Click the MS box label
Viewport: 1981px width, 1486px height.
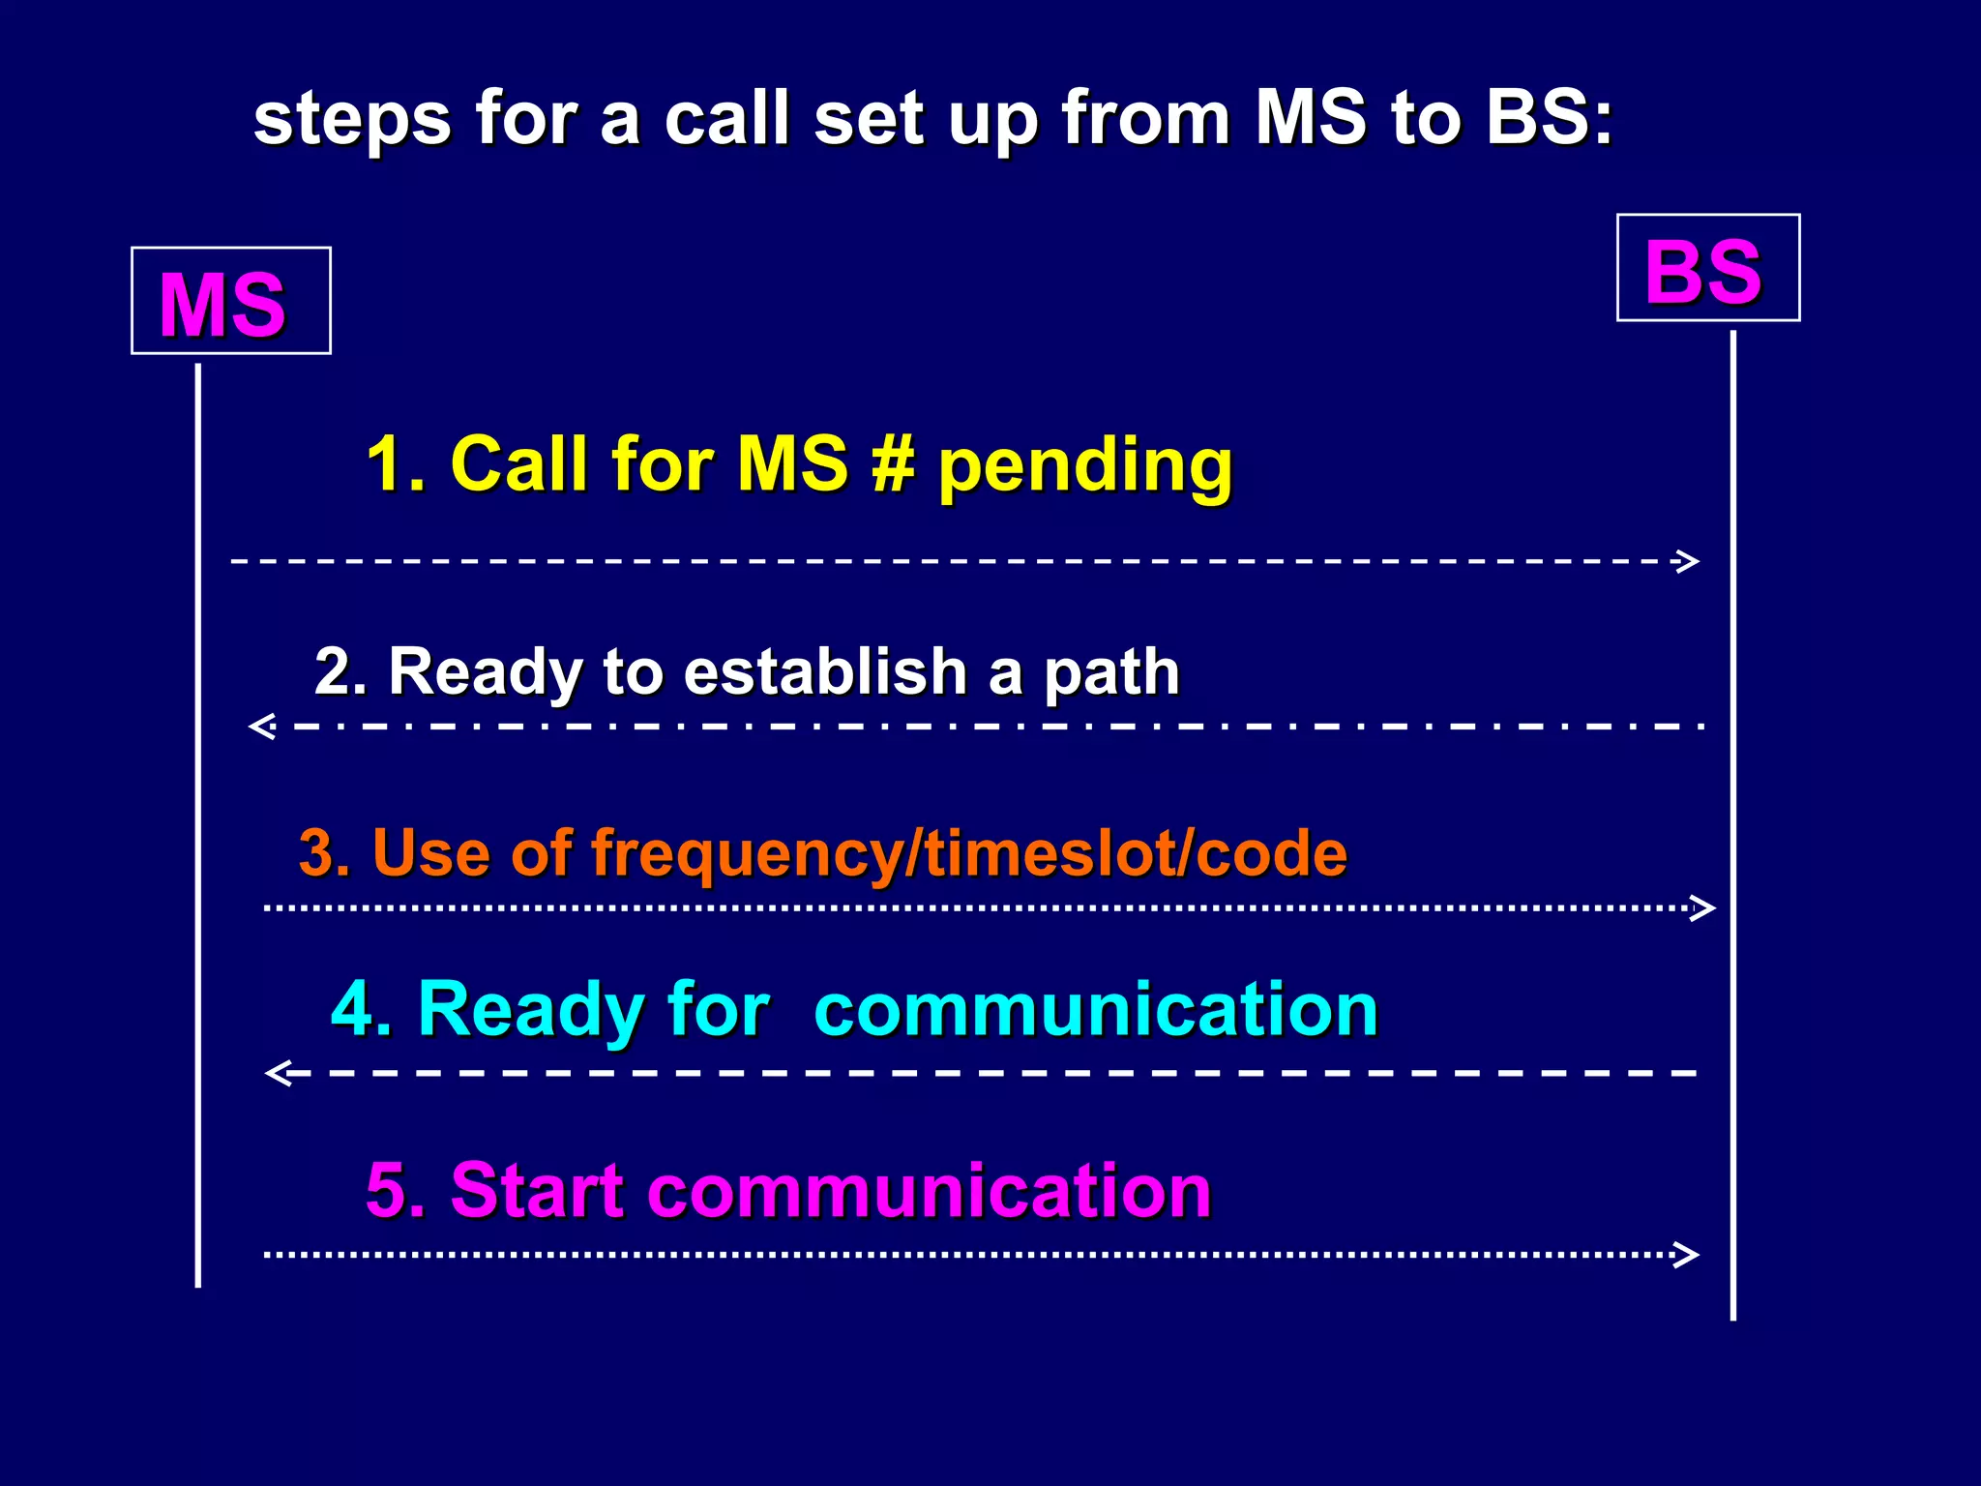222,306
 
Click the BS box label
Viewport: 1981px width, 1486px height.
1703,272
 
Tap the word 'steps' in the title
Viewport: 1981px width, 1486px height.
351,120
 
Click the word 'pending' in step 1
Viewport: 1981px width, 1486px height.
1085,467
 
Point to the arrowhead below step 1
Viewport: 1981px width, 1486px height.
1687,561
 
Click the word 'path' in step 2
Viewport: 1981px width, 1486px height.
1111,673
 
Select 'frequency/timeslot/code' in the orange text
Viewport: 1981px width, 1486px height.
968,854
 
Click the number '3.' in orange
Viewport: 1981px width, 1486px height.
324,853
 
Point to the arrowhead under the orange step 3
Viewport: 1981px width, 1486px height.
1702,907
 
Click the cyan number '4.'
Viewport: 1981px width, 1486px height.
361,1009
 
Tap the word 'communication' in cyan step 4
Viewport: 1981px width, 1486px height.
1096,1009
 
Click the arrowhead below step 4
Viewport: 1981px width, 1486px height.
280,1073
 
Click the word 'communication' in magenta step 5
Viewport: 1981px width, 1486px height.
929,1190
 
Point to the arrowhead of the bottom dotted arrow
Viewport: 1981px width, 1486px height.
1686,1255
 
